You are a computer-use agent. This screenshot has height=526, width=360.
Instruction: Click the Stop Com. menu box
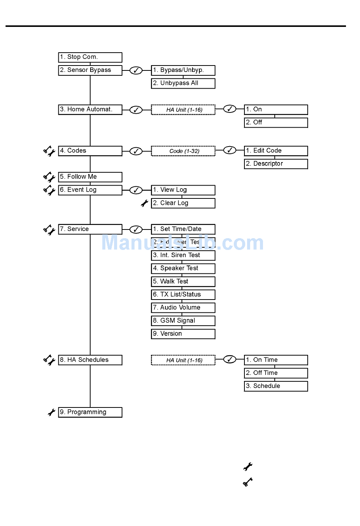(90, 57)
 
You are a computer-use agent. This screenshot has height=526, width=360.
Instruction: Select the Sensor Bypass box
(90, 70)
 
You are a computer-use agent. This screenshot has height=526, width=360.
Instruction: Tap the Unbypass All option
(183, 83)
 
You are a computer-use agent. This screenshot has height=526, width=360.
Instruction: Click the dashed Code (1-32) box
(183, 151)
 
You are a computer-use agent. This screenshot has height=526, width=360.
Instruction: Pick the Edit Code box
(276, 151)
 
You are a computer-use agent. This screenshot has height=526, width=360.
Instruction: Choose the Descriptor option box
(276, 164)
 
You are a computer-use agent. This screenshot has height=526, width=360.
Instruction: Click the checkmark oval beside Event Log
(136, 190)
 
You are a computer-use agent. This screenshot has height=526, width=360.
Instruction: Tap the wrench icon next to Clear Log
(144, 203)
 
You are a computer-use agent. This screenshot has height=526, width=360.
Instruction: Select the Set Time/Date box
(183, 229)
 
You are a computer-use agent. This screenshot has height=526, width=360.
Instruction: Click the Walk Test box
(183, 281)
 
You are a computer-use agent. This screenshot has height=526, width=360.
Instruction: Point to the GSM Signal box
(183, 321)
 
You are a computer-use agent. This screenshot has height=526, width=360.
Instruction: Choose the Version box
(183, 334)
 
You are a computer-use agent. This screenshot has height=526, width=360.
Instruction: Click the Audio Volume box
(183, 307)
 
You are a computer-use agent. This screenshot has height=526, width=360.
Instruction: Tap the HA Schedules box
(90, 360)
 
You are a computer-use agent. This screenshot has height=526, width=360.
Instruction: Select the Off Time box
(276, 373)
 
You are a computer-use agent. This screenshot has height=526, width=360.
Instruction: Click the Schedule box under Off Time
(276, 386)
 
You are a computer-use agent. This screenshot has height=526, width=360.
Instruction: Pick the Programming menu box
(90, 412)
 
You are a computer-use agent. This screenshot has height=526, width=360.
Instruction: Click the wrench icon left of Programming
(52, 412)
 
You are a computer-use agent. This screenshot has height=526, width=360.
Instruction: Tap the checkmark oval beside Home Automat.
(136, 110)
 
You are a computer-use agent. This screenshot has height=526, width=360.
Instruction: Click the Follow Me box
(90, 177)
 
